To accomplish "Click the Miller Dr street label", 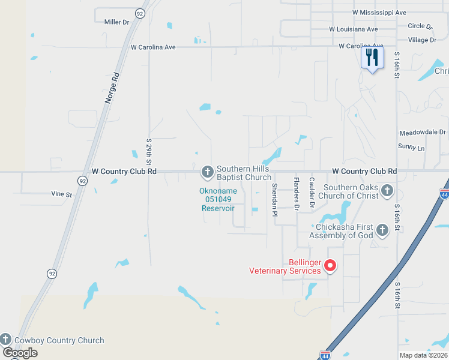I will click(116, 22).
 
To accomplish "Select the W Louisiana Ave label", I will click(354, 29).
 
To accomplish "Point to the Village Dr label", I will click(422, 40).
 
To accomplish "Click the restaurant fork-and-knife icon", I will click(372, 58).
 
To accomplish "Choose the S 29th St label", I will click(149, 152).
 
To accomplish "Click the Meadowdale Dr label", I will click(423, 133).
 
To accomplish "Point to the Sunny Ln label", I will click(411, 147).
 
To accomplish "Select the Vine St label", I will click(61, 194).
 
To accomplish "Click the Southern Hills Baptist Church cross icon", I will click(208, 173).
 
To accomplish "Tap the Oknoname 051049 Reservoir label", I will click(218, 200).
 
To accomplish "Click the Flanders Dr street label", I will click(296, 194).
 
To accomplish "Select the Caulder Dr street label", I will click(312, 193).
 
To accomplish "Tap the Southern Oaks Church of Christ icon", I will click(387, 191).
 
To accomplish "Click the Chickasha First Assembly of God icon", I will click(382, 230).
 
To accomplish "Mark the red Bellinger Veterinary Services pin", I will click(330, 265).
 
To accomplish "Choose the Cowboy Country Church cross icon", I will click(6, 339).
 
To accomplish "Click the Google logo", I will click(20, 353).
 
